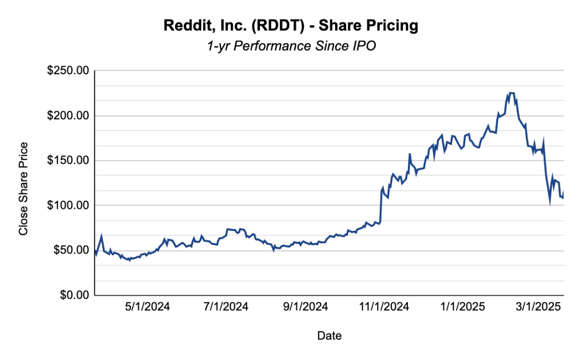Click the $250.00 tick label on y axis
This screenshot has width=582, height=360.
pyautogui.click(x=68, y=71)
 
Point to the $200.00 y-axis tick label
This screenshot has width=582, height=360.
pyautogui.click(x=68, y=115)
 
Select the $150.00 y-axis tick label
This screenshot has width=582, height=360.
pyautogui.click(x=68, y=161)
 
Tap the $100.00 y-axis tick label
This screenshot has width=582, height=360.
pyautogui.click(x=68, y=205)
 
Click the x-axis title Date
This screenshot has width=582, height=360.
pyautogui.click(x=329, y=336)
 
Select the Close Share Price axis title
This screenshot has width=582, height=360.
pyautogui.click(x=23, y=189)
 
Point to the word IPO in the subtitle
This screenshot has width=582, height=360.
pyautogui.click(x=365, y=46)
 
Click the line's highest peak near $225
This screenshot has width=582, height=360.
pyautogui.click(x=511, y=93)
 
